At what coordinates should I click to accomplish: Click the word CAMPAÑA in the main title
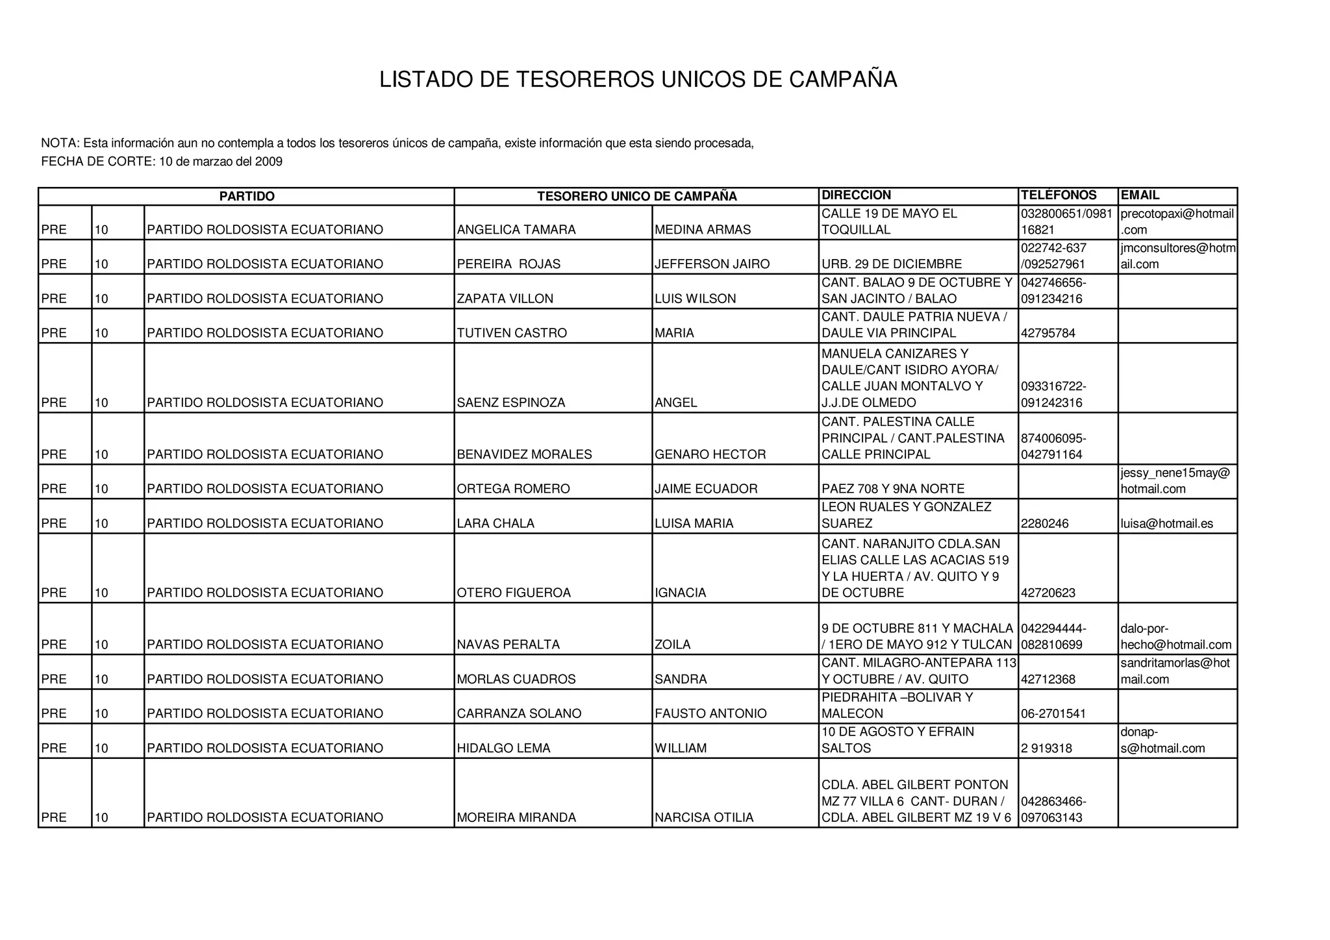click(842, 80)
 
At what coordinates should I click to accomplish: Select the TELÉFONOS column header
click(1059, 195)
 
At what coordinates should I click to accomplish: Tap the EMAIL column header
click(1140, 195)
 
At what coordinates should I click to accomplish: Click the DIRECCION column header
click(856, 195)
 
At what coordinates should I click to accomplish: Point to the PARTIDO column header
click(247, 196)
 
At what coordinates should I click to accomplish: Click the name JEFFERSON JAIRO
click(712, 264)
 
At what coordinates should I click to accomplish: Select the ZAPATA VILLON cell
click(505, 299)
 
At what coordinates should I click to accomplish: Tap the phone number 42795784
click(1048, 334)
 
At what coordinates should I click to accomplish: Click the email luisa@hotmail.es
click(1166, 524)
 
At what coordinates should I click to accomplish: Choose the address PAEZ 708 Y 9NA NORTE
click(893, 489)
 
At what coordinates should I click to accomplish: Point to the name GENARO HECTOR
click(710, 454)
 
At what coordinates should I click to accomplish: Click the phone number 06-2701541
click(1053, 714)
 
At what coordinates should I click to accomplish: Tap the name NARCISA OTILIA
click(704, 818)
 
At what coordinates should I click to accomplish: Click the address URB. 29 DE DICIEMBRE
click(892, 264)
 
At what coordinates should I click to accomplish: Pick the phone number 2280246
click(1044, 524)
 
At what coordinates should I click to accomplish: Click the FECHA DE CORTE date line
click(162, 162)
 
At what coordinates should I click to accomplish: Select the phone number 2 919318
click(1046, 748)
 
